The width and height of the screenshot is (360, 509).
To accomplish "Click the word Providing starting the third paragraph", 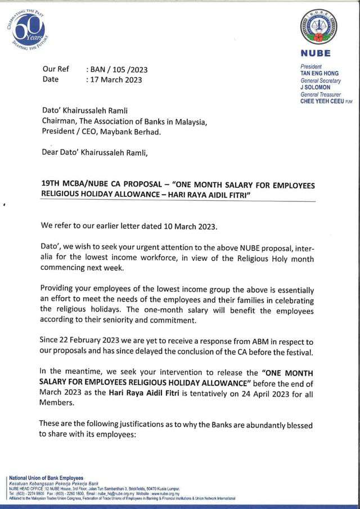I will click(58, 289).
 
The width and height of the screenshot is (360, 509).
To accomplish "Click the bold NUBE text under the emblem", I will click(318, 54).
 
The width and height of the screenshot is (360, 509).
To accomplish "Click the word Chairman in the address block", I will click(61, 121).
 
